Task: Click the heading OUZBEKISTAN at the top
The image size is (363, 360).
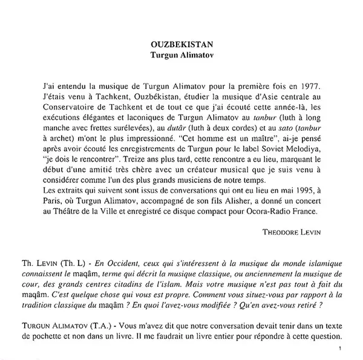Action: pyautogui.click(x=181, y=44)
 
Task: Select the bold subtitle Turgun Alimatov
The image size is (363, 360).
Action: pyautogui.click(x=181, y=54)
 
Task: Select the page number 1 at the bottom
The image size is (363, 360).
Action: pyautogui.click(x=342, y=348)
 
